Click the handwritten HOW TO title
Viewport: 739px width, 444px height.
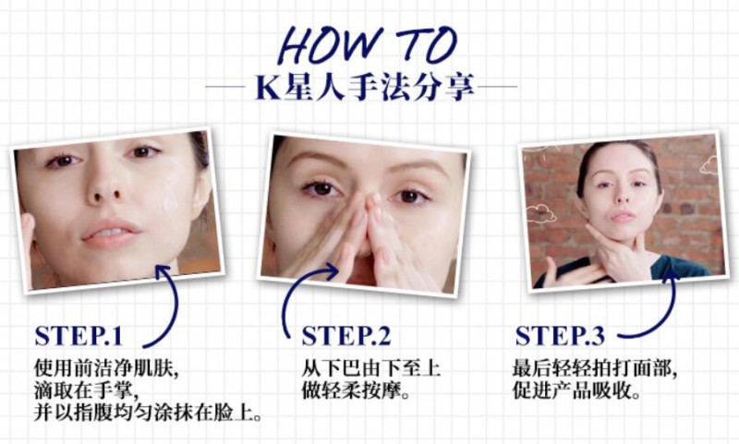coord(367,45)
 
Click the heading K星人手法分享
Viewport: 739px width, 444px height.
coord(365,88)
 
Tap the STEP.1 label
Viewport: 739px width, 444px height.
coord(79,336)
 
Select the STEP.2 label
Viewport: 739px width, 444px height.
coord(346,336)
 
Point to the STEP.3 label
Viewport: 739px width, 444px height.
coord(560,336)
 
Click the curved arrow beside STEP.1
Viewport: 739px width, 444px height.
coord(176,306)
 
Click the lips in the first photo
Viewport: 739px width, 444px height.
coord(111,233)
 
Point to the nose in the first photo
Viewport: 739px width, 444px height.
coord(105,185)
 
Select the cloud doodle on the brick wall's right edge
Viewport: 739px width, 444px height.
coord(709,166)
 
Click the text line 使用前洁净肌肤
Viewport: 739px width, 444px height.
coord(106,367)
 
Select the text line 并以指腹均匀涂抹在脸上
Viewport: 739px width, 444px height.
coord(148,414)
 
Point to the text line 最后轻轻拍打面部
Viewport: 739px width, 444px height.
coord(595,367)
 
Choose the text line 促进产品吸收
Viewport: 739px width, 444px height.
coord(576,390)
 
